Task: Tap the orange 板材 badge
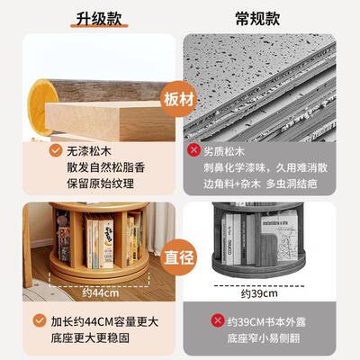(x=179, y=98)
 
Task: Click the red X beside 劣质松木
(x=192, y=151)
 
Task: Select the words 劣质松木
(x=229, y=151)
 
